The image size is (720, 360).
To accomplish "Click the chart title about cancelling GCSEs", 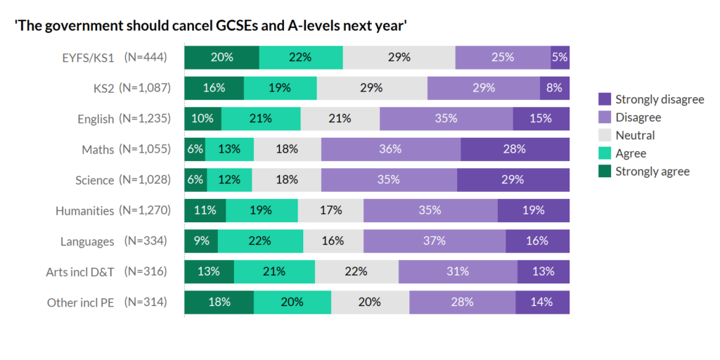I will pyautogui.click(x=212, y=26).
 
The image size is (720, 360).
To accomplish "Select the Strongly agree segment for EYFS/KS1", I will pyautogui.click(x=221, y=58).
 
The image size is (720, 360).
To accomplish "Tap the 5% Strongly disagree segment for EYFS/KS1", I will pyautogui.click(x=560, y=58).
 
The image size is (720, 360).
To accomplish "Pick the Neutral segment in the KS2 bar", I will pyautogui.click(x=371, y=88).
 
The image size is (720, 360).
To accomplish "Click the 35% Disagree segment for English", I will pyautogui.click(x=446, y=118).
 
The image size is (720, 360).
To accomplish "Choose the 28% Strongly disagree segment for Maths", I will pyautogui.click(x=515, y=149).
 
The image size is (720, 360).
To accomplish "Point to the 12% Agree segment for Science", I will pyautogui.click(x=229, y=179).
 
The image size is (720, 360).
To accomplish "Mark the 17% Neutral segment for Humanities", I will pyautogui.click(x=330, y=210).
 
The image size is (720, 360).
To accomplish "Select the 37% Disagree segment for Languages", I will pyautogui.click(x=435, y=240).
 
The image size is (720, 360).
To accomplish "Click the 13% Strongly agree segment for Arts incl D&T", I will pyautogui.click(x=209, y=271).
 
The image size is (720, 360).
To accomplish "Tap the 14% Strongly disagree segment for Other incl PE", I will pyautogui.click(x=542, y=302).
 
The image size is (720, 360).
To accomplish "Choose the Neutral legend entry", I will pyautogui.click(x=635, y=135).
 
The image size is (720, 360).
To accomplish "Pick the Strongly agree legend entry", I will pyautogui.click(x=652, y=171).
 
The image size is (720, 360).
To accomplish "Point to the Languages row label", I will pyautogui.click(x=87, y=241).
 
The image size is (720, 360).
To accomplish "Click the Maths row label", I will pyautogui.click(x=97, y=149).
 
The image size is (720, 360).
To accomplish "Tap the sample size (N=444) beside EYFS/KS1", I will pyautogui.click(x=146, y=58).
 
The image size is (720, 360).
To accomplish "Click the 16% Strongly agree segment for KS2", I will pyautogui.click(x=214, y=88).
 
